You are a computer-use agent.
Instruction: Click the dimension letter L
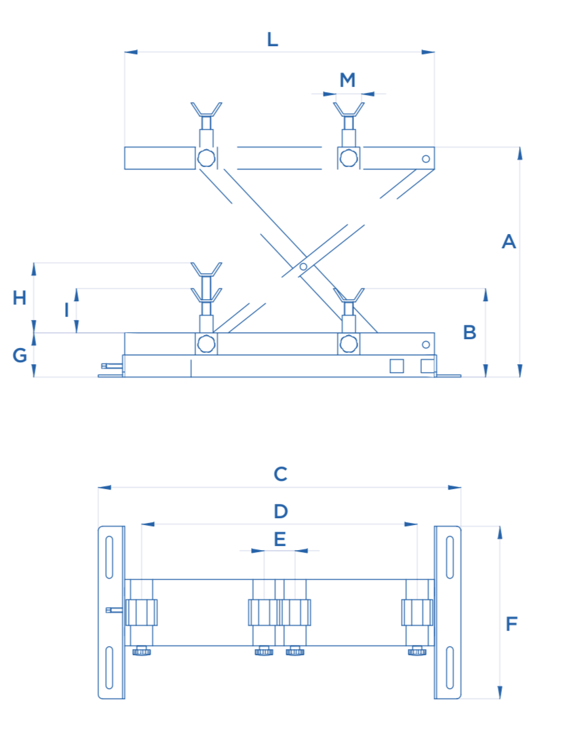[272, 39]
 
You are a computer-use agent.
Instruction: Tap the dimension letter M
[347, 80]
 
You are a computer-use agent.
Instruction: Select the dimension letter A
[509, 241]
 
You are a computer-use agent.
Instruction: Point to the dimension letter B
[469, 332]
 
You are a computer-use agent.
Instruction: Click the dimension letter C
[280, 474]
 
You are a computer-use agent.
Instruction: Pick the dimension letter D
[280, 511]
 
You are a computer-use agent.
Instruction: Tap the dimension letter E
[279, 539]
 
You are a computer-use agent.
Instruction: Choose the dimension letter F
[512, 623]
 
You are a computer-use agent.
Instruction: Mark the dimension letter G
[20, 355]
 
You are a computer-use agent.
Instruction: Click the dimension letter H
[20, 297]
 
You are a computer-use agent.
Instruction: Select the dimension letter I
[66, 310]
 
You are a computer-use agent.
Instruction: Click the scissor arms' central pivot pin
[303, 266]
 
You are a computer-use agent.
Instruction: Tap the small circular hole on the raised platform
[425, 159]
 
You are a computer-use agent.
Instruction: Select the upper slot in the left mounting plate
[109, 558]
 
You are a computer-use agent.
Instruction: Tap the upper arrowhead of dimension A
[520, 153]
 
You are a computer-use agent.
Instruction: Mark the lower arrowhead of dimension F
[500, 693]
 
